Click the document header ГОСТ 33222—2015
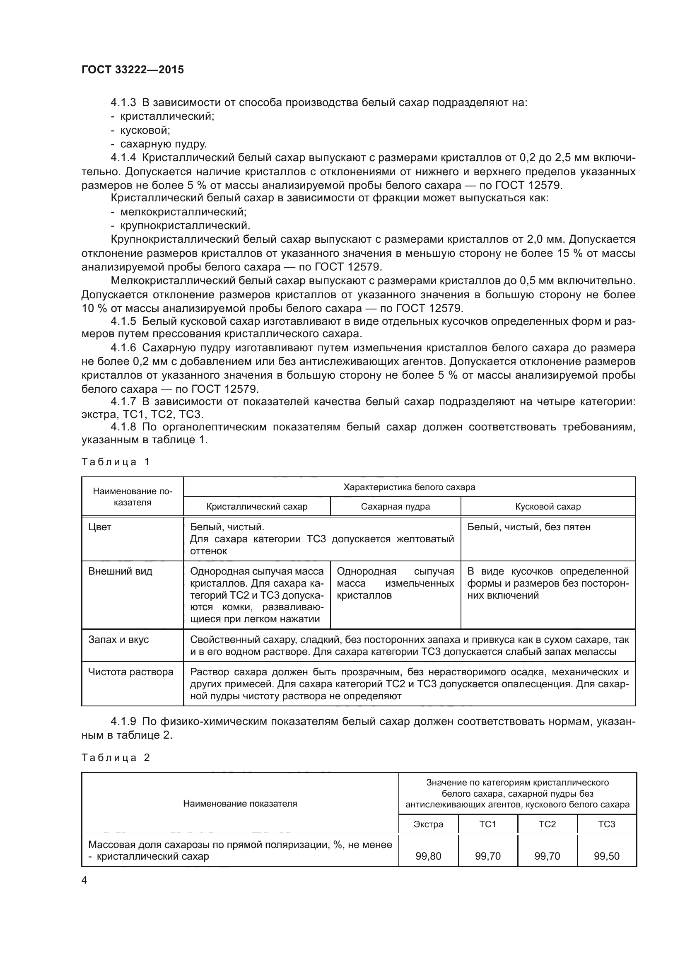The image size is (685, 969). [x=133, y=70]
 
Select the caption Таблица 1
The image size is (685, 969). [x=116, y=462]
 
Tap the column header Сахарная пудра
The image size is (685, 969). [x=395, y=506]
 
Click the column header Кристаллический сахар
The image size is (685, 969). [x=256, y=506]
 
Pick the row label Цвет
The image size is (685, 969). [x=100, y=527]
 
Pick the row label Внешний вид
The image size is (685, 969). [x=120, y=571]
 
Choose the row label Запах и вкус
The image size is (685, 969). [x=118, y=639]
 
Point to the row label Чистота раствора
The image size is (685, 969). [x=131, y=672]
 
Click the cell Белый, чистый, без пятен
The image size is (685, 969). [x=529, y=527]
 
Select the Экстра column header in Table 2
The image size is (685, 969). [x=428, y=824]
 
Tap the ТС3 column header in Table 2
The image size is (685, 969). [x=607, y=824]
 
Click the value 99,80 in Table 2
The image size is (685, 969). [x=428, y=856]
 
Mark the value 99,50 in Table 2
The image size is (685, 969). [x=607, y=856]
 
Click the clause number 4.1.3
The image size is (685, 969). [x=123, y=103]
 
